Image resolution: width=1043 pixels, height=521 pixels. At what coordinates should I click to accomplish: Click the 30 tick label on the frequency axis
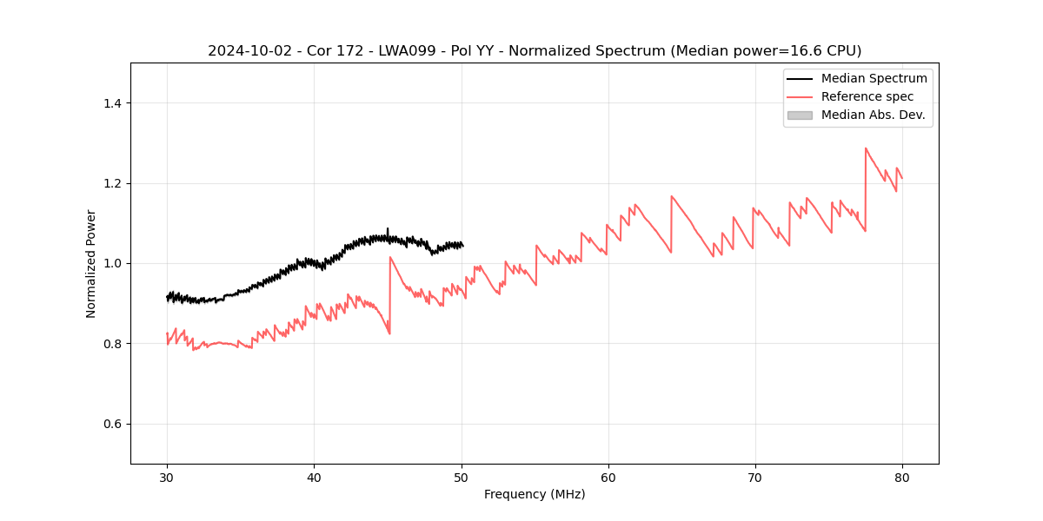click(167, 478)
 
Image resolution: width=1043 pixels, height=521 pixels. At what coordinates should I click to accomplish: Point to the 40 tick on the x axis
click(314, 478)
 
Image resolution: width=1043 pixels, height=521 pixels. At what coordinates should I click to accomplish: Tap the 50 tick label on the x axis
click(461, 478)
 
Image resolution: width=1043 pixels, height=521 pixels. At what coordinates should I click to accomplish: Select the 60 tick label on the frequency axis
click(608, 478)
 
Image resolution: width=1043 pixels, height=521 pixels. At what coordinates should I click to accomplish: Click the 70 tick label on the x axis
click(754, 478)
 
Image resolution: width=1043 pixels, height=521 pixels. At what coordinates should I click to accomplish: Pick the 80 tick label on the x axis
click(901, 478)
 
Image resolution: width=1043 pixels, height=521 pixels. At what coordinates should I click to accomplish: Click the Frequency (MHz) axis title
click(535, 495)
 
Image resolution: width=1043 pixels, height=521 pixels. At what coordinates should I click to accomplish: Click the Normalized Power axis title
click(91, 263)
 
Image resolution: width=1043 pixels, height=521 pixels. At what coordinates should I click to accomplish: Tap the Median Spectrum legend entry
click(874, 78)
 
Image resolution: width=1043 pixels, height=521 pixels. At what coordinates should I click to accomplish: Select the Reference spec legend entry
click(867, 96)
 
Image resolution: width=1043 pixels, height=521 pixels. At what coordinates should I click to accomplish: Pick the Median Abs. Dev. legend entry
click(873, 115)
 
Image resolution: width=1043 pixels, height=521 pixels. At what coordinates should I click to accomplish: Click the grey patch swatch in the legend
click(800, 115)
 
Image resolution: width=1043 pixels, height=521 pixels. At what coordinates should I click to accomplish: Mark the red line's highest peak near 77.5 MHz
click(866, 148)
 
